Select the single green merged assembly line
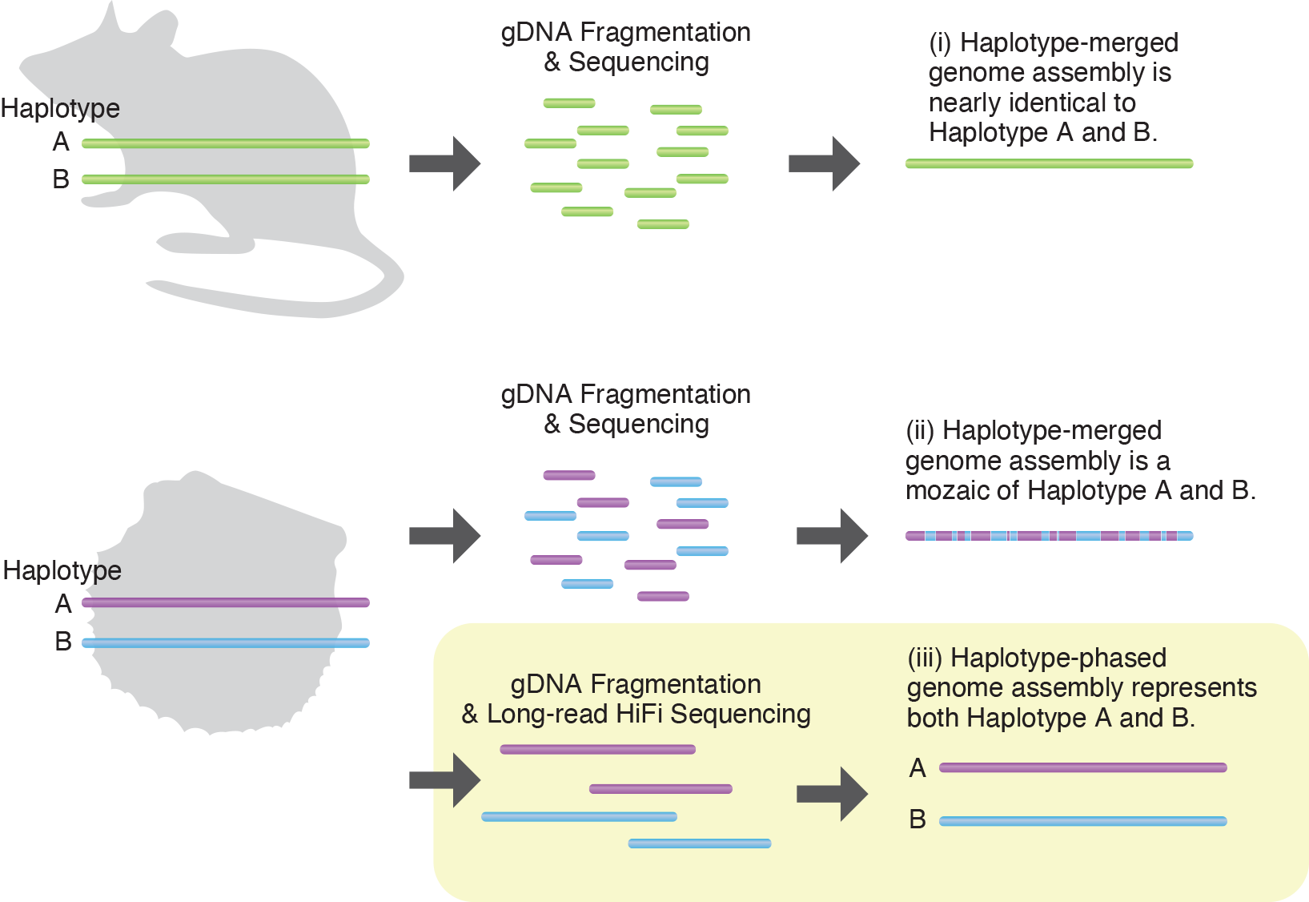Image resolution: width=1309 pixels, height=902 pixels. point(1049,164)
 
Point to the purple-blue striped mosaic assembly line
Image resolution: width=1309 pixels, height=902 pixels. point(1049,536)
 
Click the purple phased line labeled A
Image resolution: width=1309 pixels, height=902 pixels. point(1082,767)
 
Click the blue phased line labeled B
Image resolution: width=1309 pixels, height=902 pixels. point(1082,821)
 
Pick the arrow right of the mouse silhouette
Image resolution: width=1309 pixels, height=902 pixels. point(445,163)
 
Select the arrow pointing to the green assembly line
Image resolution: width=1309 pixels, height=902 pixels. point(825,163)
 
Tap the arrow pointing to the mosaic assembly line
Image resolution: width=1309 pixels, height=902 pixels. point(833,536)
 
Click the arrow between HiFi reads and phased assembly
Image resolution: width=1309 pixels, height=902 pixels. point(833,794)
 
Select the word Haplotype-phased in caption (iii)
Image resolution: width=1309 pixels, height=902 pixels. point(1058,658)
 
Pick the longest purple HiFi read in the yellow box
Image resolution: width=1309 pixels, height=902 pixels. point(597,750)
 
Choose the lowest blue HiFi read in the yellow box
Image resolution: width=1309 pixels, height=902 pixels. point(700,844)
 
